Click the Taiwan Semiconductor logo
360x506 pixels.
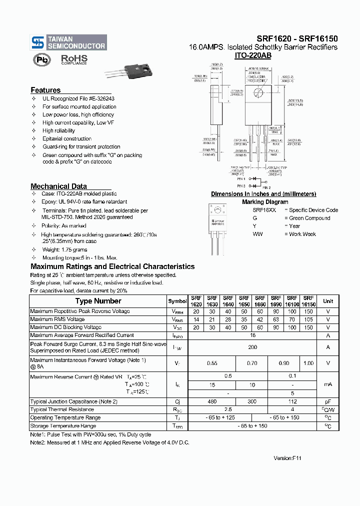coord(68,42)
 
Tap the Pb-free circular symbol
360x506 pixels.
coord(42,60)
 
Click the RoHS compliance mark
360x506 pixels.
coord(73,59)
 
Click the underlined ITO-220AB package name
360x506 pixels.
coord(252,56)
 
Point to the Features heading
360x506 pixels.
coord(45,90)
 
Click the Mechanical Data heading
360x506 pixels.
coord(58,186)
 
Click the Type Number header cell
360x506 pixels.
coord(98,301)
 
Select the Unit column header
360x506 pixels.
coord(328,301)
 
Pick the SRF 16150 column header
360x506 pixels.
coord(308,301)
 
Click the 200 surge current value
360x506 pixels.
coord(252,347)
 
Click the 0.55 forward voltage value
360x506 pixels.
coord(212,363)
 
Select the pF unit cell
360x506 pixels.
coord(328,401)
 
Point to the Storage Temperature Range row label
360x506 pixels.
coord(63,426)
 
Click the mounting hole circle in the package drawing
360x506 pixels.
coord(258,92)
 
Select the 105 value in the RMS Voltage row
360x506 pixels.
coord(308,319)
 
